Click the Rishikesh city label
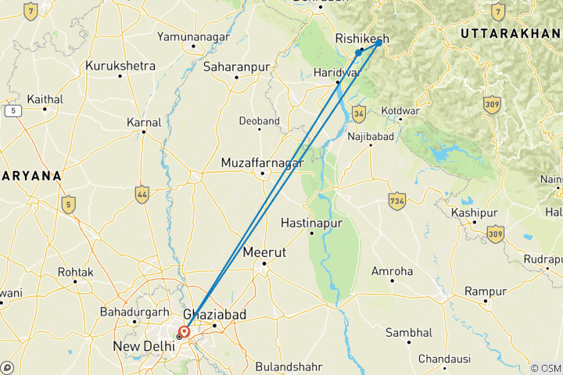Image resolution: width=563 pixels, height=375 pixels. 362,38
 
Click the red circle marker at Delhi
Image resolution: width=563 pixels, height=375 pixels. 185,332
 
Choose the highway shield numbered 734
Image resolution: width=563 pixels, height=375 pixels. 396,201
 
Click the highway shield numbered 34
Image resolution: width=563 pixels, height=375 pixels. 359,114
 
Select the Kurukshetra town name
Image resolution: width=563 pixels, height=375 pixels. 120,66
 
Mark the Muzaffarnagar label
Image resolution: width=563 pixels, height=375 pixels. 262,162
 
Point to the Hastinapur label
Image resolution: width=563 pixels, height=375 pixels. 312,222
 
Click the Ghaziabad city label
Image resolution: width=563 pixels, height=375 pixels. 216,314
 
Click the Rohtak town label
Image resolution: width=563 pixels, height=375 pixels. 75,272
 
